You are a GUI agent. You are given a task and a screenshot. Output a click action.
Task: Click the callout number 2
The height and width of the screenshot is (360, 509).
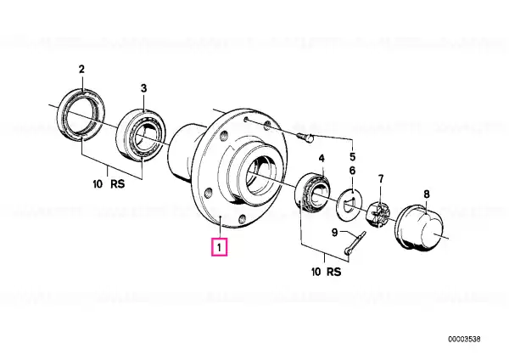pos(81,70)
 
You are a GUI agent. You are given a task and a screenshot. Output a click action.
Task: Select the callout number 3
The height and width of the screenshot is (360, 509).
pos(143,88)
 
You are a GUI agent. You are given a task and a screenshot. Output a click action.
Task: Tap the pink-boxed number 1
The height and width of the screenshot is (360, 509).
pos(220,247)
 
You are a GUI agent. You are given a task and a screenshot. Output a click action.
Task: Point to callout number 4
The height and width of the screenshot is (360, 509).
pos(322,159)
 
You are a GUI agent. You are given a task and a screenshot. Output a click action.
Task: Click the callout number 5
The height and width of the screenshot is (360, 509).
pos(353,157)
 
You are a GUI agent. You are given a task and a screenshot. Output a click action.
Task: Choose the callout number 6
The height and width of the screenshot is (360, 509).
pos(353,171)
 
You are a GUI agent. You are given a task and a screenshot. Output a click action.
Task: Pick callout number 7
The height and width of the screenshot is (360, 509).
pos(381,178)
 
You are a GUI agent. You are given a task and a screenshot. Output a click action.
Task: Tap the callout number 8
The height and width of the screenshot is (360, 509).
pos(427,194)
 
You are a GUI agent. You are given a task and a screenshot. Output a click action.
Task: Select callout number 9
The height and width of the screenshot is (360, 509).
pos(335,233)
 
